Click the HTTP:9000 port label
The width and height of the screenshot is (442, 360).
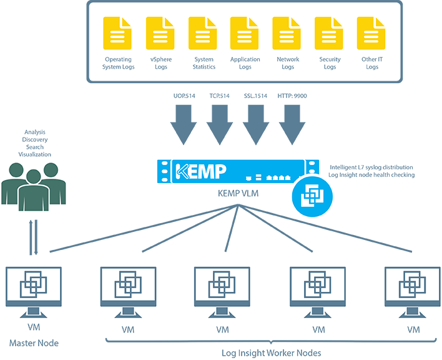pos(292,97)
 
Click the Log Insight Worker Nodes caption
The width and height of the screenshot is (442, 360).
pos(272,352)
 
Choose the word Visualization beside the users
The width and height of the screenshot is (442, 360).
pos(34,154)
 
